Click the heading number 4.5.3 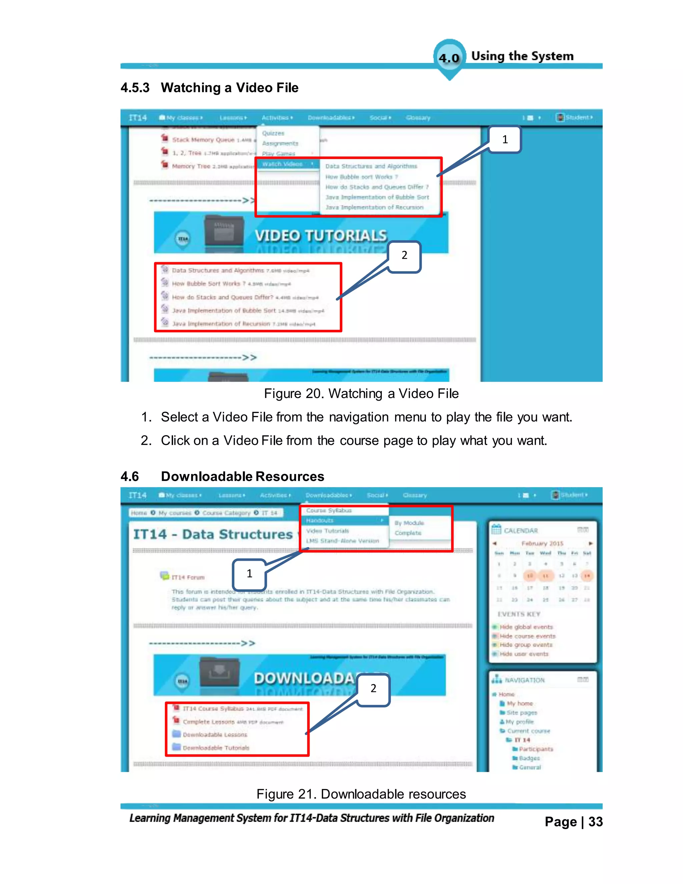[x=135, y=88]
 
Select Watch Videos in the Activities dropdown [x=282, y=164]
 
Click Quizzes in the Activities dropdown [x=273, y=133]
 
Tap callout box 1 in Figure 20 [x=505, y=140]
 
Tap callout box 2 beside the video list [x=404, y=256]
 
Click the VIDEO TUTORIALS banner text [x=320, y=236]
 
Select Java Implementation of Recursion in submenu [x=374, y=207]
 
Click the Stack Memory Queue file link [x=203, y=140]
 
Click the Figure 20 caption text [x=361, y=393]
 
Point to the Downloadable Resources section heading [x=242, y=476]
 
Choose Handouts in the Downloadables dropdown [x=319, y=520]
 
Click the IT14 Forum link [x=188, y=577]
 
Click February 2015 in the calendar [x=542, y=543]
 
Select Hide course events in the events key [x=527, y=636]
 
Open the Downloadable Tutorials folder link [x=216, y=748]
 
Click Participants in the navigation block [x=536, y=749]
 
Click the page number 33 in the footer [x=595, y=822]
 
